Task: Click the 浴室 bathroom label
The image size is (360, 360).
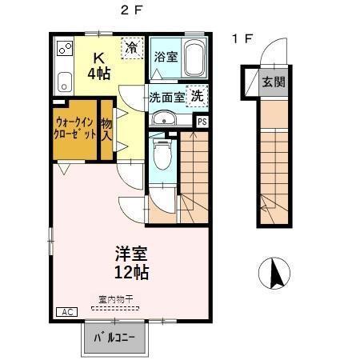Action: [166, 58]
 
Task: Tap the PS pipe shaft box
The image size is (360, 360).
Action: [202, 121]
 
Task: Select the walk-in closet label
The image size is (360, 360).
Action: [75, 128]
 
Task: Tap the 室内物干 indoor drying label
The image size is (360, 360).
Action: [116, 300]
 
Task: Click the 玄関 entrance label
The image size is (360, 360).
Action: [272, 82]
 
